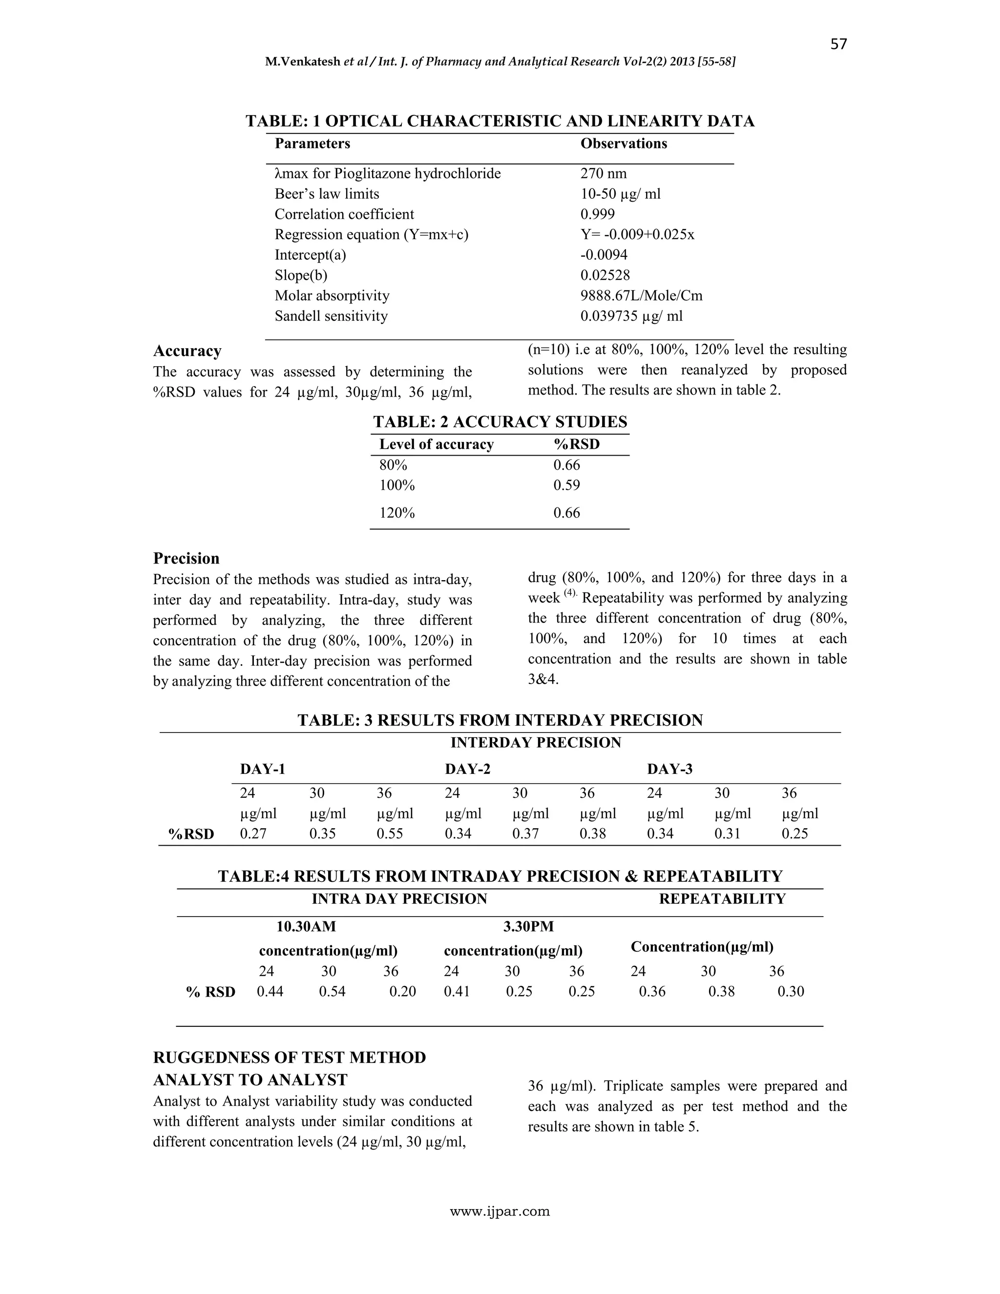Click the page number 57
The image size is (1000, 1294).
click(838, 44)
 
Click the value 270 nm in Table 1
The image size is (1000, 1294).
click(603, 174)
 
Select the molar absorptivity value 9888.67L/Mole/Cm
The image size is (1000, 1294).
click(641, 295)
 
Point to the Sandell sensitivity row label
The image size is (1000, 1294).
click(331, 316)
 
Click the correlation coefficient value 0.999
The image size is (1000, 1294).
click(597, 214)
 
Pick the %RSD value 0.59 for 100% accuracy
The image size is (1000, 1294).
click(566, 485)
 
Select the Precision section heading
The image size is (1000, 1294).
click(186, 558)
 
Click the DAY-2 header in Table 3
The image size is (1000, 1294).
click(467, 769)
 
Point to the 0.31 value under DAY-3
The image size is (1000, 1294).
click(728, 834)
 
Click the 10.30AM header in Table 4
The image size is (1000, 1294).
click(306, 925)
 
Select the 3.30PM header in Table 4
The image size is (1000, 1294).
click(528, 925)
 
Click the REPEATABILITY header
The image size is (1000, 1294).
click(722, 899)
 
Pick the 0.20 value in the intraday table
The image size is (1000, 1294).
click(402, 991)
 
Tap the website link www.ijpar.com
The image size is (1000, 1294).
click(500, 1211)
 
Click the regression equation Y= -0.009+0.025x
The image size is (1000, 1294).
click(637, 234)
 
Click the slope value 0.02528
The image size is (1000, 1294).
click(605, 275)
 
